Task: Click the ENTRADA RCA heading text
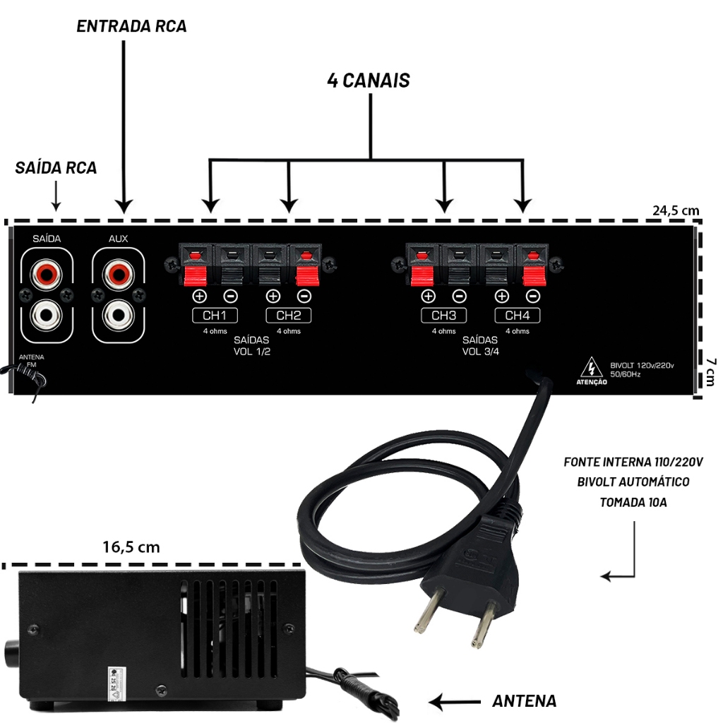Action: point(131,26)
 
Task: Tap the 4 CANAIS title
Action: point(368,80)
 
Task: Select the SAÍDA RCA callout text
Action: point(56,168)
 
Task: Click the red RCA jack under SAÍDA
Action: point(47,272)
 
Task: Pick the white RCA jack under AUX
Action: point(118,315)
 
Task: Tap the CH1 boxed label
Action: point(215,315)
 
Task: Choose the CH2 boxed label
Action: point(288,315)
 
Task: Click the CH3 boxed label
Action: point(443,315)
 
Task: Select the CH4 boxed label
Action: point(517,315)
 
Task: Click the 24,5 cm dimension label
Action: point(675,210)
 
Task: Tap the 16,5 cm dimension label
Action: point(131,546)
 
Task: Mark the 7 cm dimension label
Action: point(710,371)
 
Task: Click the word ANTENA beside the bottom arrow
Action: point(524,701)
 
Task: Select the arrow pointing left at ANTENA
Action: point(455,702)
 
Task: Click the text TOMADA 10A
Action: point(633,503)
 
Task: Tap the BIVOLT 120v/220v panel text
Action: point(642,365)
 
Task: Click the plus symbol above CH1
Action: point(199,297)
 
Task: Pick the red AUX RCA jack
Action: point(118,272)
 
